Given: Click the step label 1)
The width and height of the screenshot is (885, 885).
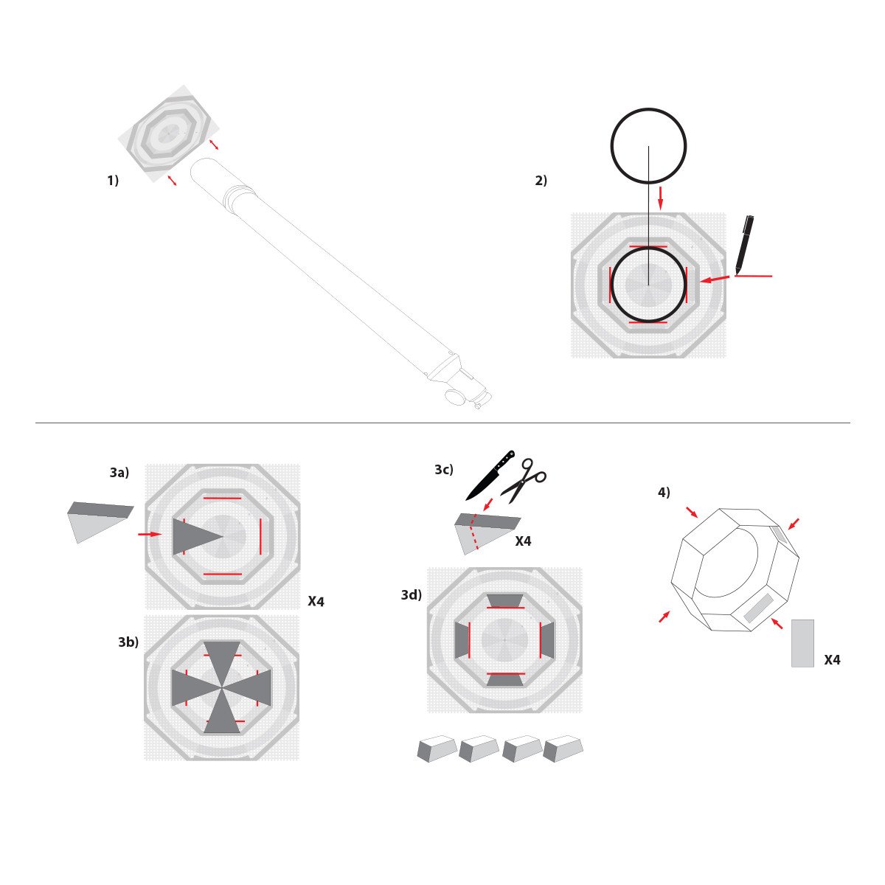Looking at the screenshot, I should point(113,180).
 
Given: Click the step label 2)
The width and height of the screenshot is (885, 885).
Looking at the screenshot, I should point(541,180).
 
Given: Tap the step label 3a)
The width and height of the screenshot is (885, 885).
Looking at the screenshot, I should point(119,473).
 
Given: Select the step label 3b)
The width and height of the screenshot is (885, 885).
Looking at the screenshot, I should point(128,642).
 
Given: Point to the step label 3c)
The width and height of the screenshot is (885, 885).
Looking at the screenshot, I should point(444,469).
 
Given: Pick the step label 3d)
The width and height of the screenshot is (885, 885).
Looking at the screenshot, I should point(412,594).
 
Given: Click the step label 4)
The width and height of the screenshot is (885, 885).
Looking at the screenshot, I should point(664,493).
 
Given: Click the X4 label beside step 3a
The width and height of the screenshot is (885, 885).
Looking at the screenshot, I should point(316,602).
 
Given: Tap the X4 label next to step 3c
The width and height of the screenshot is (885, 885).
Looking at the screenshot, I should point(523,541).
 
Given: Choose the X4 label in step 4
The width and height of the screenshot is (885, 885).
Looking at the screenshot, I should point(832,660).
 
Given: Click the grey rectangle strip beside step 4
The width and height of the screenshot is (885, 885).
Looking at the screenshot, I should point(802,643).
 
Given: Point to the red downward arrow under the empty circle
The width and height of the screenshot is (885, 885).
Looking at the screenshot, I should point(660,197).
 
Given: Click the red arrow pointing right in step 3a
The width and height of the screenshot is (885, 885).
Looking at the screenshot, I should point(149,534).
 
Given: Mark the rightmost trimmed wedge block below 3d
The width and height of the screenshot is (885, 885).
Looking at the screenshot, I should point(563,748).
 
